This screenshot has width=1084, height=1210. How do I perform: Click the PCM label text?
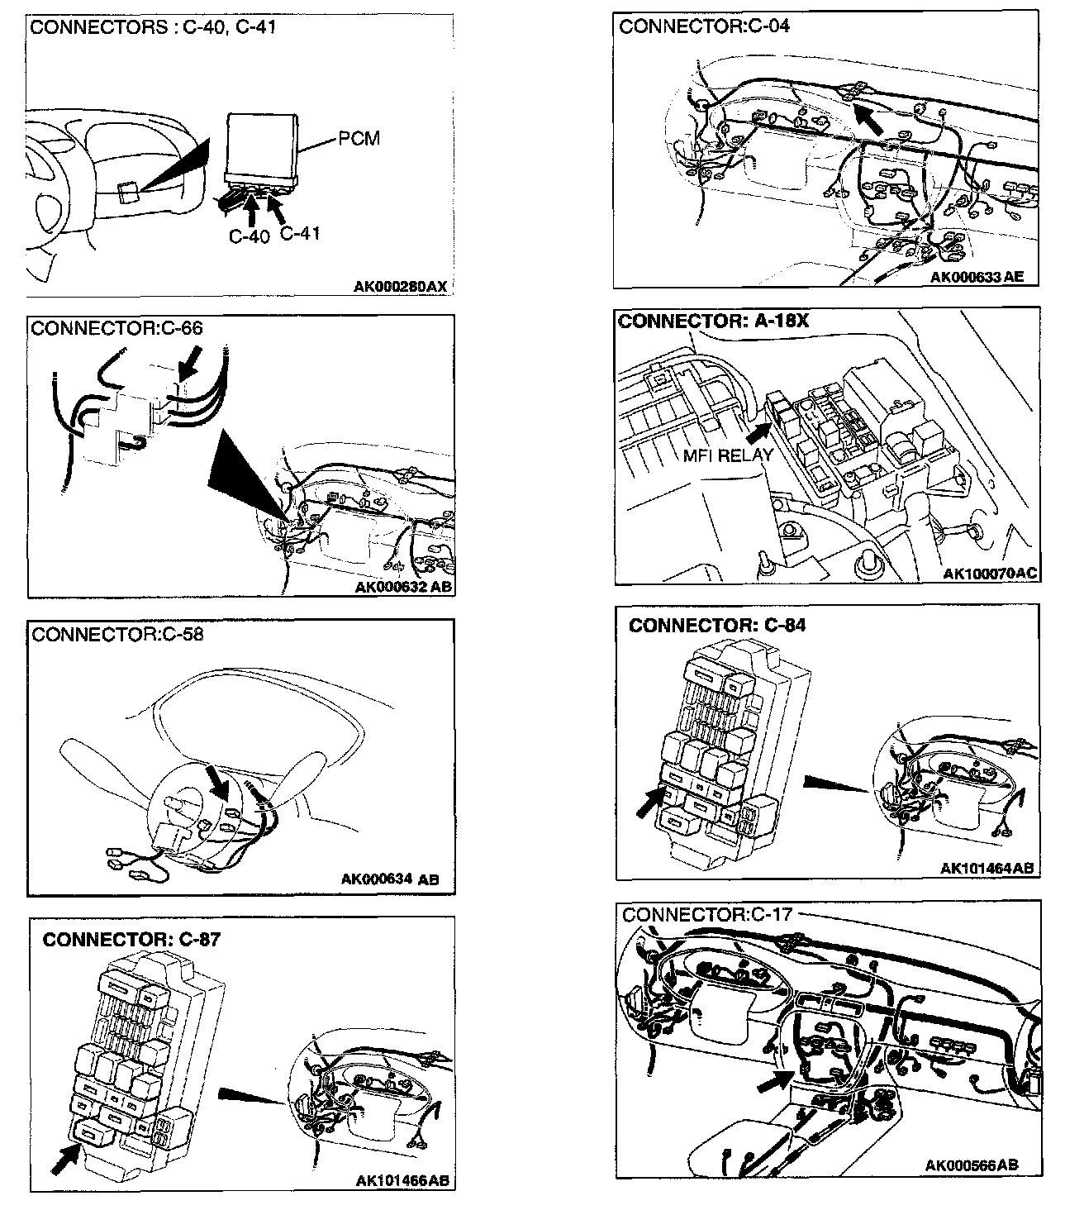359,138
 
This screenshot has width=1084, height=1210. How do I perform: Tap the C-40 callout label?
249,236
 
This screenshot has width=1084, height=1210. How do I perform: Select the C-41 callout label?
299,233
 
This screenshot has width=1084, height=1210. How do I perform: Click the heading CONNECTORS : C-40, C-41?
153,27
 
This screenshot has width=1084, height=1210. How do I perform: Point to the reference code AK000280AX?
400,287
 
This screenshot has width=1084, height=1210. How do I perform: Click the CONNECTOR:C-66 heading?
116,328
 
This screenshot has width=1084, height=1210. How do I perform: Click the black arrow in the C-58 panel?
218,781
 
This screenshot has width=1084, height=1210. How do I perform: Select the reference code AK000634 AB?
390,879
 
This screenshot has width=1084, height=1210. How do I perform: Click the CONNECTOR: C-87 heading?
131,939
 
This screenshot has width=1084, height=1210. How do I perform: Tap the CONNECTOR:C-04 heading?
704,26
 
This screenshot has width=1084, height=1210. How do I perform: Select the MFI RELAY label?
728,455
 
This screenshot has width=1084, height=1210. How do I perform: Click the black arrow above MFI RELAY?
758,431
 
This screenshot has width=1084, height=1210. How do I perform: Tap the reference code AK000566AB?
971,1165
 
